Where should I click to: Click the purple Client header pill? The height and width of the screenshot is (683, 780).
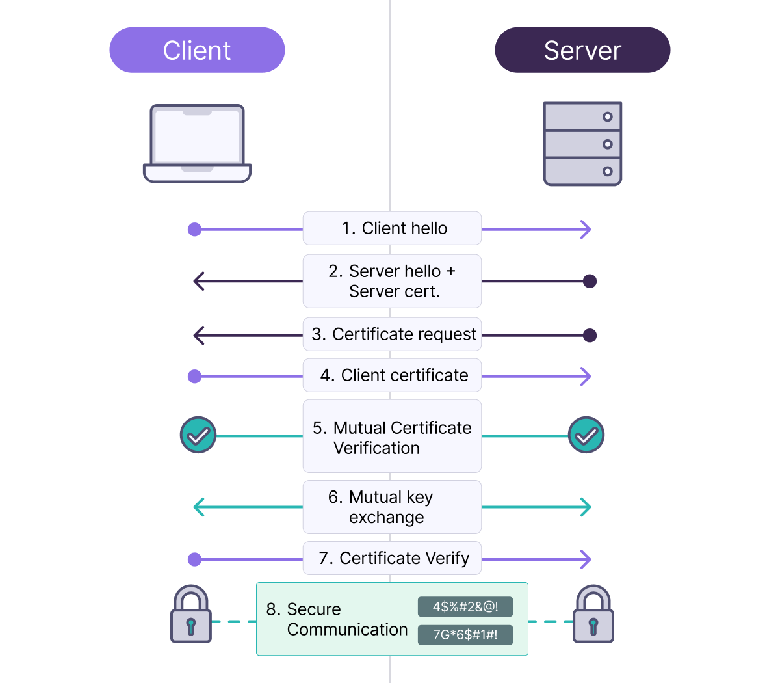[197, 50]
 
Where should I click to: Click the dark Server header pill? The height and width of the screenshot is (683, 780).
[582, 50]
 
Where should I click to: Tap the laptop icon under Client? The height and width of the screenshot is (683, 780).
[197, 144]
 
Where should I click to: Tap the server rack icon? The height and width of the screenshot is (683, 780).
[582, 144]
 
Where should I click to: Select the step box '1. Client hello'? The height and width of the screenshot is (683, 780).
[392, 228]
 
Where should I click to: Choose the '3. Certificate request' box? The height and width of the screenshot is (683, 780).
[392, 334]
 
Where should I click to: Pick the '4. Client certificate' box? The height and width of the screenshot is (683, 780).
[392, 375]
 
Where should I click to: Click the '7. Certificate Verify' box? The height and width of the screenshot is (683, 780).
[392, 558]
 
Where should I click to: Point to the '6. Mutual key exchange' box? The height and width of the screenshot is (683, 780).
[392, 507]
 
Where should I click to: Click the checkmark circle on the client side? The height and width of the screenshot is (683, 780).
[198, 435]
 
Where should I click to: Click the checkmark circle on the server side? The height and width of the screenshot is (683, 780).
[586, 435]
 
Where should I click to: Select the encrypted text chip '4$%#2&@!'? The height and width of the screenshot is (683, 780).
[465, 607]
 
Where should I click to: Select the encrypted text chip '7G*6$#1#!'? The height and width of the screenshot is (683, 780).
[465, 635]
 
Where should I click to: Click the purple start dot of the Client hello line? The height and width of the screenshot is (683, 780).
[194, 229]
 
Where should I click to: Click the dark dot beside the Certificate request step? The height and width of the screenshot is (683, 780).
[590, 336]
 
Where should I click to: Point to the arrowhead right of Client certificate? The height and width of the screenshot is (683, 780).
[586, 376]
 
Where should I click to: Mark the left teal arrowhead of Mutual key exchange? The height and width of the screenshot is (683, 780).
[199, 507]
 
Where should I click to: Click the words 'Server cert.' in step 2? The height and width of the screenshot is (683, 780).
[395, 291]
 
